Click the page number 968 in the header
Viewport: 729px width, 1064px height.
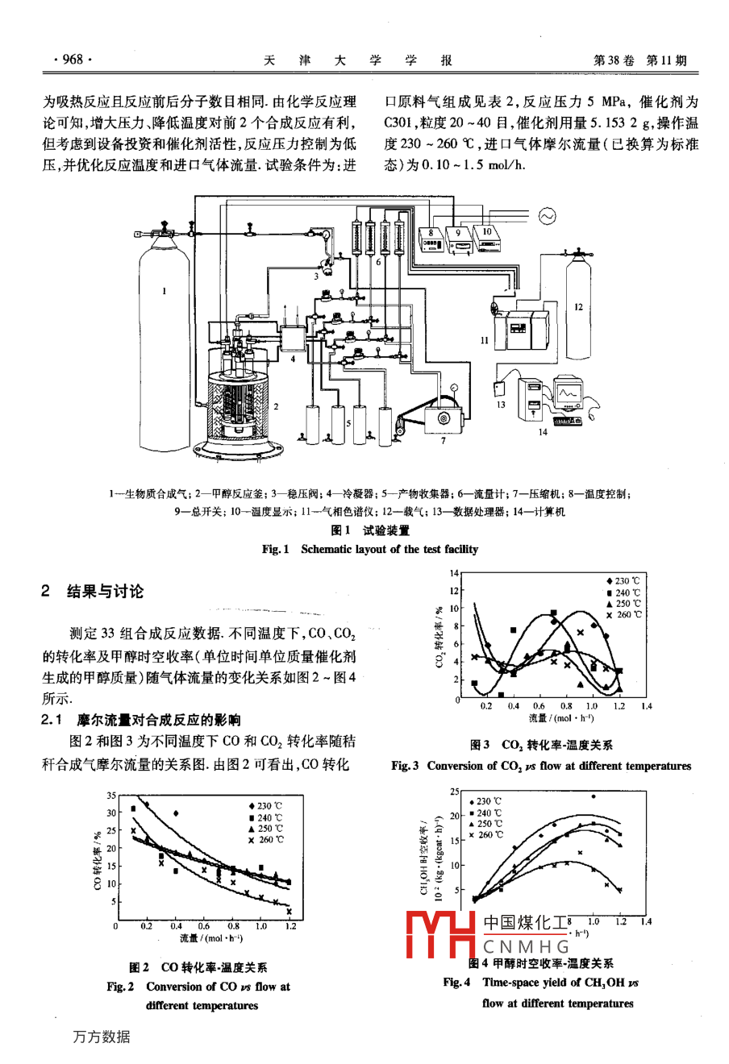coord(73,60)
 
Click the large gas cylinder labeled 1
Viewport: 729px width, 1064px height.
coord(165,322)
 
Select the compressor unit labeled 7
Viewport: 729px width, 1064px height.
coord(442,419)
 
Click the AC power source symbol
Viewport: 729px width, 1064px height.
coord(548,215)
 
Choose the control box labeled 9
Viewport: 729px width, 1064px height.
coord(459,238)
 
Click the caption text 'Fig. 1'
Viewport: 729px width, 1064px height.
coord(275,549)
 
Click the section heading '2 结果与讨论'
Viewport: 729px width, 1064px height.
coord(94,591)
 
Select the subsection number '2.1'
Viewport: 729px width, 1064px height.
coord(52,719)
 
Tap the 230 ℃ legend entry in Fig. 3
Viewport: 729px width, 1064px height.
coord(623,581)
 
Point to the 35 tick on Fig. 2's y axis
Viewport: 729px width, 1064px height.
coord(111,796)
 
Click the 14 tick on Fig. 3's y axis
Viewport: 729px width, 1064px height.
coord(453,573)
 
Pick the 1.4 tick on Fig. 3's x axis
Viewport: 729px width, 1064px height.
coord(645,706)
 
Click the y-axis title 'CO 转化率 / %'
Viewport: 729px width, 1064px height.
coord(96,859)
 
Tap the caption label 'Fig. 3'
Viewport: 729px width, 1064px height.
coord(405,766)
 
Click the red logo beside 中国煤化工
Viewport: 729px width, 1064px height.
coord(440,936)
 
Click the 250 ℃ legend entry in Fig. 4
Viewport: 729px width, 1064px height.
coord(489,824)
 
